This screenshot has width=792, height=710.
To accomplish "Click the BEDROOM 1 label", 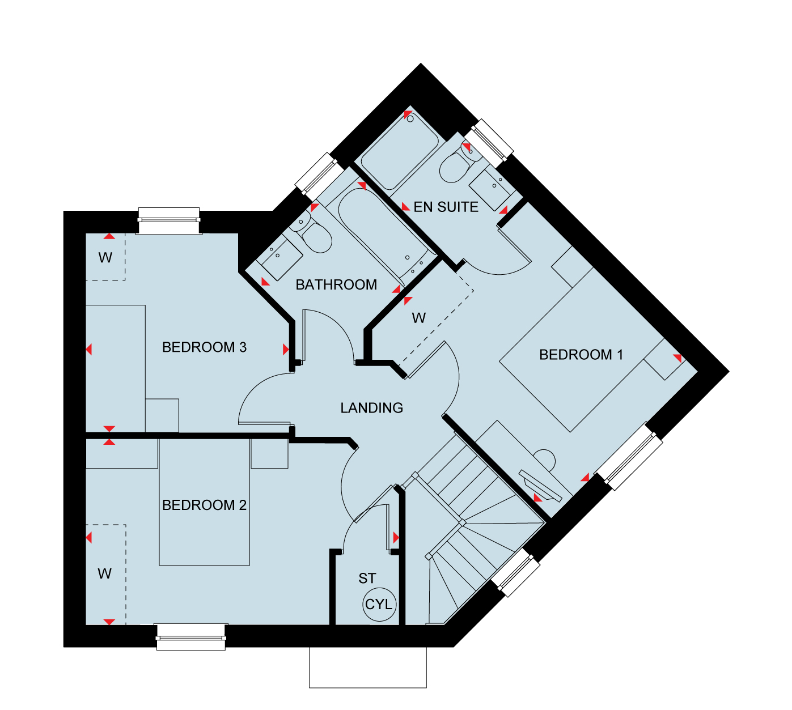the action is click(x=581, y=355).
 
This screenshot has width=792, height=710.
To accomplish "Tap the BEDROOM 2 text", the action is click(x=205, y=505).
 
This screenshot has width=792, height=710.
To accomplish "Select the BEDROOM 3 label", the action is click(x=205, y=347).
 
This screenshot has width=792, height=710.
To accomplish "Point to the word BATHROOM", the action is click(x=336, y=285).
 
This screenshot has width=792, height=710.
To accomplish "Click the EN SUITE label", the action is click(x=446, y=207).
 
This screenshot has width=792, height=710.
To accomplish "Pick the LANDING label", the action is click(x=372, y=408).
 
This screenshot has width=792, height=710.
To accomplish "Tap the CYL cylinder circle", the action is click(x=379, y=605).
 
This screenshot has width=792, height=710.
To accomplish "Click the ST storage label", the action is click(x=367, y=579).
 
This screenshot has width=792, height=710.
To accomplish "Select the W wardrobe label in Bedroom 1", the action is click(x=418, y=318).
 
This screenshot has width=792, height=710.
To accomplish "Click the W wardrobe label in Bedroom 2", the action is click(x=105, y=574).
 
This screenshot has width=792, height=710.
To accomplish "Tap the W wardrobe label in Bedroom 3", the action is click(x=105, y=258).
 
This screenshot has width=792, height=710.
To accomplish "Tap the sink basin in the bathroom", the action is click(x=279, y=257).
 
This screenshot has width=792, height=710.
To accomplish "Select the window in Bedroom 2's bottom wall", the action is click(x=191, y=637).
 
